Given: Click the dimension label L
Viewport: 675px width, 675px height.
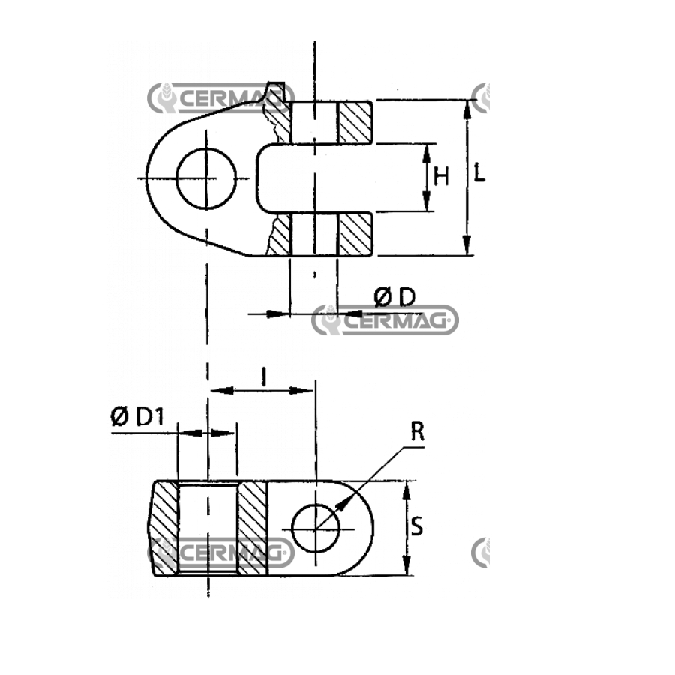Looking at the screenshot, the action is pos(479,172).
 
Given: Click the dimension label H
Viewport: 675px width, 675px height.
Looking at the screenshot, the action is pos(441,176).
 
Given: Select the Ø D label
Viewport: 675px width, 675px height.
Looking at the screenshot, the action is pos(394,297).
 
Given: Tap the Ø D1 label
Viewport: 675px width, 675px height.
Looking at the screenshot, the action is pos(137,416).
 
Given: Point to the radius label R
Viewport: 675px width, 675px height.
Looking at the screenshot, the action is pos(417,432).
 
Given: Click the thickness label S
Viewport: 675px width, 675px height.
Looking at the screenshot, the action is pos(417,526).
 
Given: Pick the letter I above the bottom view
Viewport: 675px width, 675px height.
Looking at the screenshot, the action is pos(264,376).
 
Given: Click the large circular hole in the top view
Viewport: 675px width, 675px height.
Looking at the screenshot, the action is pos(207,178).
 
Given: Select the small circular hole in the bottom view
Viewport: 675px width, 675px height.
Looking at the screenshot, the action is pos(316,528).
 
